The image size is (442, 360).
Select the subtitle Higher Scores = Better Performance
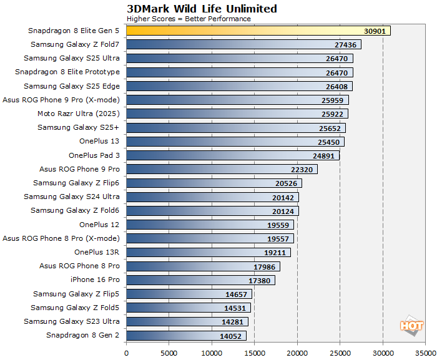pos(189,19)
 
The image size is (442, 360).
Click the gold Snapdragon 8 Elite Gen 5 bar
pos(258,31)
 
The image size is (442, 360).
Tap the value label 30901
pos(376,31)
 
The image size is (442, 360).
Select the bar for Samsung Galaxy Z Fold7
pos(243,44)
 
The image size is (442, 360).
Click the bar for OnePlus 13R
pos(208,252)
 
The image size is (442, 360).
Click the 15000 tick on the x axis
pos(254,352)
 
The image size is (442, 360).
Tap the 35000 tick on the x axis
pos(425,352)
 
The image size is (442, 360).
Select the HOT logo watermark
pos(411,326)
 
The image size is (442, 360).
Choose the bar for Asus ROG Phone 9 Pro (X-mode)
pos(237,100)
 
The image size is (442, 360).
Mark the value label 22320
pos(303,170)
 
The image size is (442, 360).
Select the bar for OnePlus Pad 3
pos(232,155)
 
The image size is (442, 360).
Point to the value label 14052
pos(232,336)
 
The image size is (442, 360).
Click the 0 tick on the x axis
pos(126,352)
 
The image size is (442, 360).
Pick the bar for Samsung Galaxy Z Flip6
pos(214,183)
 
